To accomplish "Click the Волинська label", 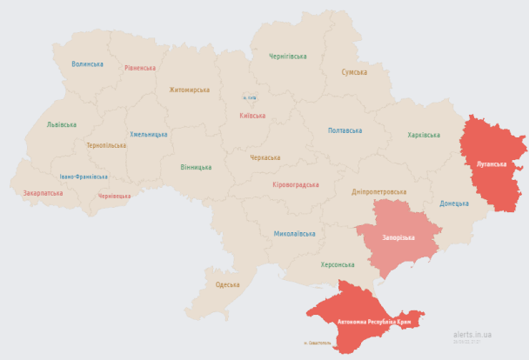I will (87, 64).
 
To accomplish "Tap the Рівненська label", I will (139, 68).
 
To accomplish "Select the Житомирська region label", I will (189, 90).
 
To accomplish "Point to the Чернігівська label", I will (287, 57).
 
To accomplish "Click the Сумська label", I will (354, 72).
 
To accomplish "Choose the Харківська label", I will (424, 135).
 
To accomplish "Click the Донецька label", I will (453, 203).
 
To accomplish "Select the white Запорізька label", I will (398, 237).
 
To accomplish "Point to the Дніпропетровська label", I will (378, 191).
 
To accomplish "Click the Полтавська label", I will (345, 130).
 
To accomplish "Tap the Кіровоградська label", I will (295, 184).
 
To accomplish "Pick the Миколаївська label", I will (294, 234).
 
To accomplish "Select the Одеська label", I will (227, 284).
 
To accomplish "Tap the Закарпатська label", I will (43, 192).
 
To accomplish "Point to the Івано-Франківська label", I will (84, 177).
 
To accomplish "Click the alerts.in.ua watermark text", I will (472, 334).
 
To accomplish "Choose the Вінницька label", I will (196, 167).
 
